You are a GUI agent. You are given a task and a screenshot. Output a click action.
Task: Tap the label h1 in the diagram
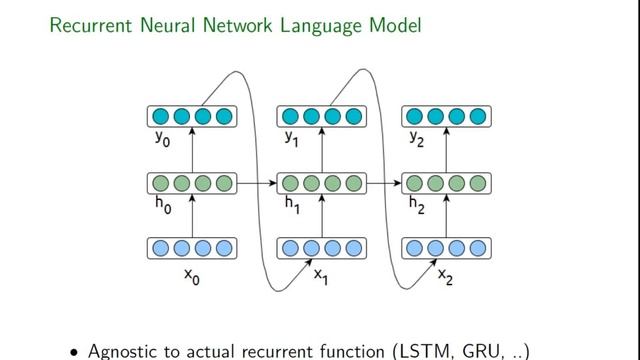coord(292,204)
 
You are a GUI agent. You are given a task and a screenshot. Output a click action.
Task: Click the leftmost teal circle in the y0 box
coord(160,117)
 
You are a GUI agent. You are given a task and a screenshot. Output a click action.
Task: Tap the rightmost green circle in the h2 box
coord(478,183)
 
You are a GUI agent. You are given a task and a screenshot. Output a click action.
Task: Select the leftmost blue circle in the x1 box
coord(287,248)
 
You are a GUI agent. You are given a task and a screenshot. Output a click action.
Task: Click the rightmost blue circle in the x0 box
coord(224,248)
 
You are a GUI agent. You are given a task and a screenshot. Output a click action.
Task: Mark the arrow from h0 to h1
coord(256,183)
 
